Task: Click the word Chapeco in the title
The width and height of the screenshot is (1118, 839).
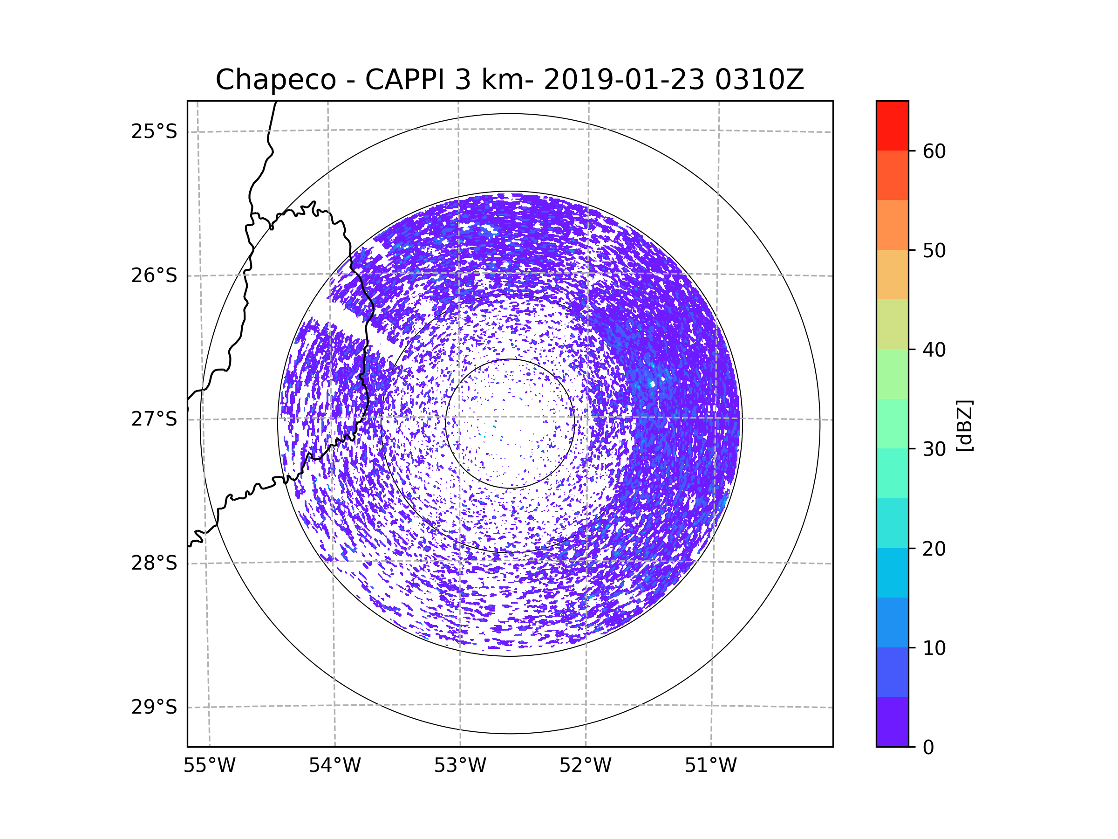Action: click(x=275, y=80)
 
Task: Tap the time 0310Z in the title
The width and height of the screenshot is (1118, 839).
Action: click(x=759, y=80)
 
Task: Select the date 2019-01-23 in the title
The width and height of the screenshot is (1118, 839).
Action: click(x=624, y=80)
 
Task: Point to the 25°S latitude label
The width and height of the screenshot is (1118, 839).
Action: click(x=154, y=131)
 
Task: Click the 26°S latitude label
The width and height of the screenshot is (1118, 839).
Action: click(x=154, y=275)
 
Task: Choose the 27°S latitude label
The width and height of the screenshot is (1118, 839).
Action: click(x=154, y=419)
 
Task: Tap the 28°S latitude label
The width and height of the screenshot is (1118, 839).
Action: click(x=154, y=563)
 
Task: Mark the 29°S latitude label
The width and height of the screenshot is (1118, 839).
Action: click(x=154, y=707)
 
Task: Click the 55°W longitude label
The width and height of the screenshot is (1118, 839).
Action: click(x=209, y=766)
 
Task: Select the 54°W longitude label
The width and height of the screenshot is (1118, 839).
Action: click(x=334, y=766)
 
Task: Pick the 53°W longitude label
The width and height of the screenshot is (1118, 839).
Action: click(x=460, y=766)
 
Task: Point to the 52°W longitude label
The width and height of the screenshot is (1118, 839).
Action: click(x=585, y=766)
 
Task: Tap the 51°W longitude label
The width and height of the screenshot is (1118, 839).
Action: click(x=710, y=766)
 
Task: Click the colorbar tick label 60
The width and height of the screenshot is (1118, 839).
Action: click(x=934, y=151)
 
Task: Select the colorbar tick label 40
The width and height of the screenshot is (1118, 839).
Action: click(x=934, y=350)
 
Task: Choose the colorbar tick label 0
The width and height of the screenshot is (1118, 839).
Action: click(x=928, y=748)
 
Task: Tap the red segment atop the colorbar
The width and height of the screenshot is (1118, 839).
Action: click(x=892, y=125)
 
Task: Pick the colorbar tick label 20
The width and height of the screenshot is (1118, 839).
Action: click(x=934, y=549)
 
